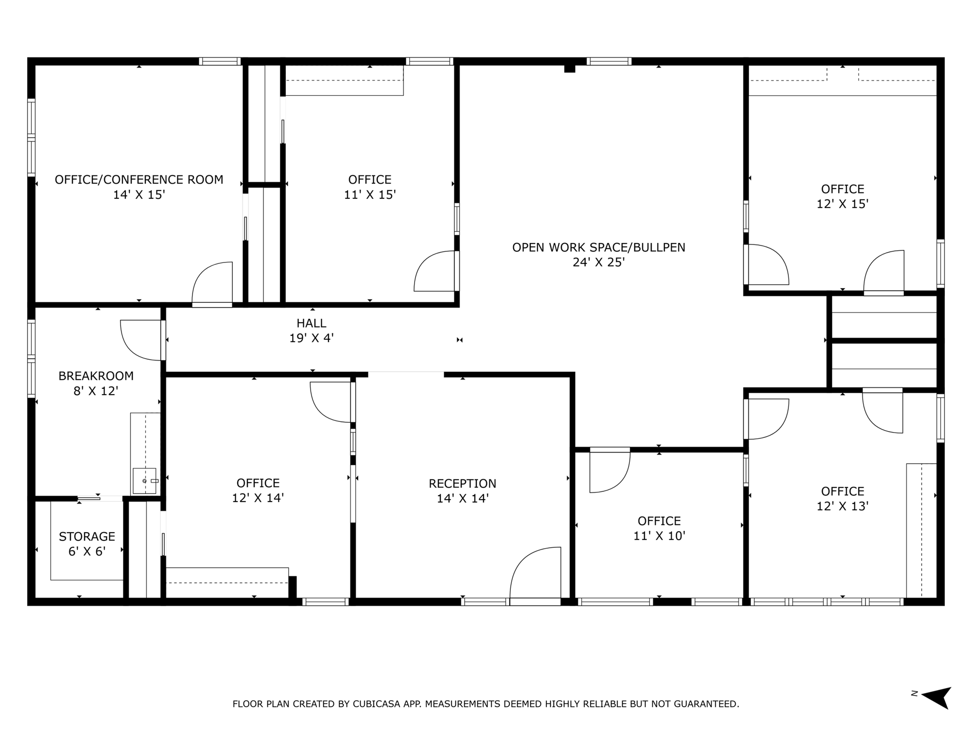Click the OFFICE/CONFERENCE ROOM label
coord(139,180)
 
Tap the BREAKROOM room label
coord(96,376)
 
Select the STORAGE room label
coord(87,537)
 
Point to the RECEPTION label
coord(463,484)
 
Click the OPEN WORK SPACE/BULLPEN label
coord(599,247)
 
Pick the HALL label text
coord(312,323)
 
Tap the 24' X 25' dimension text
coord(599,262)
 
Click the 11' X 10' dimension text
coord(659,536)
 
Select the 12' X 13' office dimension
coord(843,506)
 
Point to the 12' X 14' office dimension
coord(258,498)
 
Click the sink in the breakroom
coord(145,481)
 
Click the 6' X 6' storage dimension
coord(87,552)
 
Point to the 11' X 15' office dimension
coord(370,195)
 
